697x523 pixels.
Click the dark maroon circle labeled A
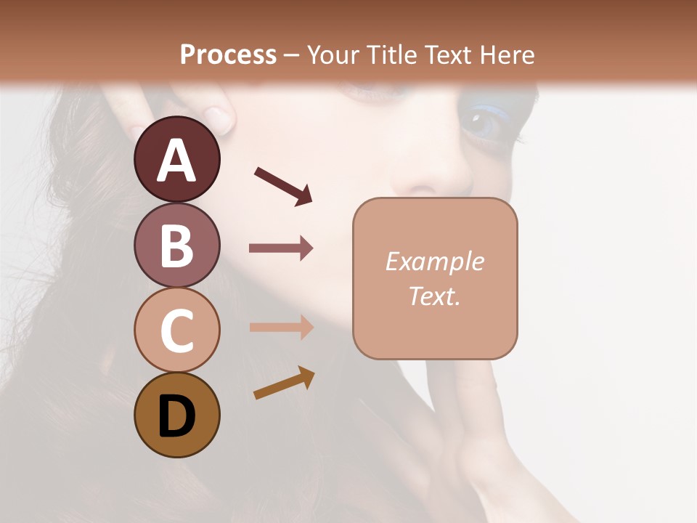point(176,159)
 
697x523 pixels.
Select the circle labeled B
point(176,245)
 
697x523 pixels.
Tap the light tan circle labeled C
point(176,330)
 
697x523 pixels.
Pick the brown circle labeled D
point(176,415)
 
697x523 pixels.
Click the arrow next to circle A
point(284,186)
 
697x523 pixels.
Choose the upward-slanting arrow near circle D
point(284,383)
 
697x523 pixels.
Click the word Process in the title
point(228,54)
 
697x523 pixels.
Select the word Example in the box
point(434,261)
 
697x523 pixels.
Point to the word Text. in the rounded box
point(434,296)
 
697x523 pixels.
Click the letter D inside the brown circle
point(176,417)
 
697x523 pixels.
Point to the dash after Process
point(292,55)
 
